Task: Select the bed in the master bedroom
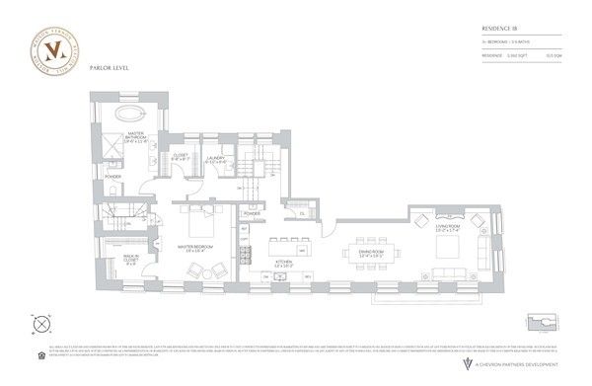(x=201, y=221)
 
